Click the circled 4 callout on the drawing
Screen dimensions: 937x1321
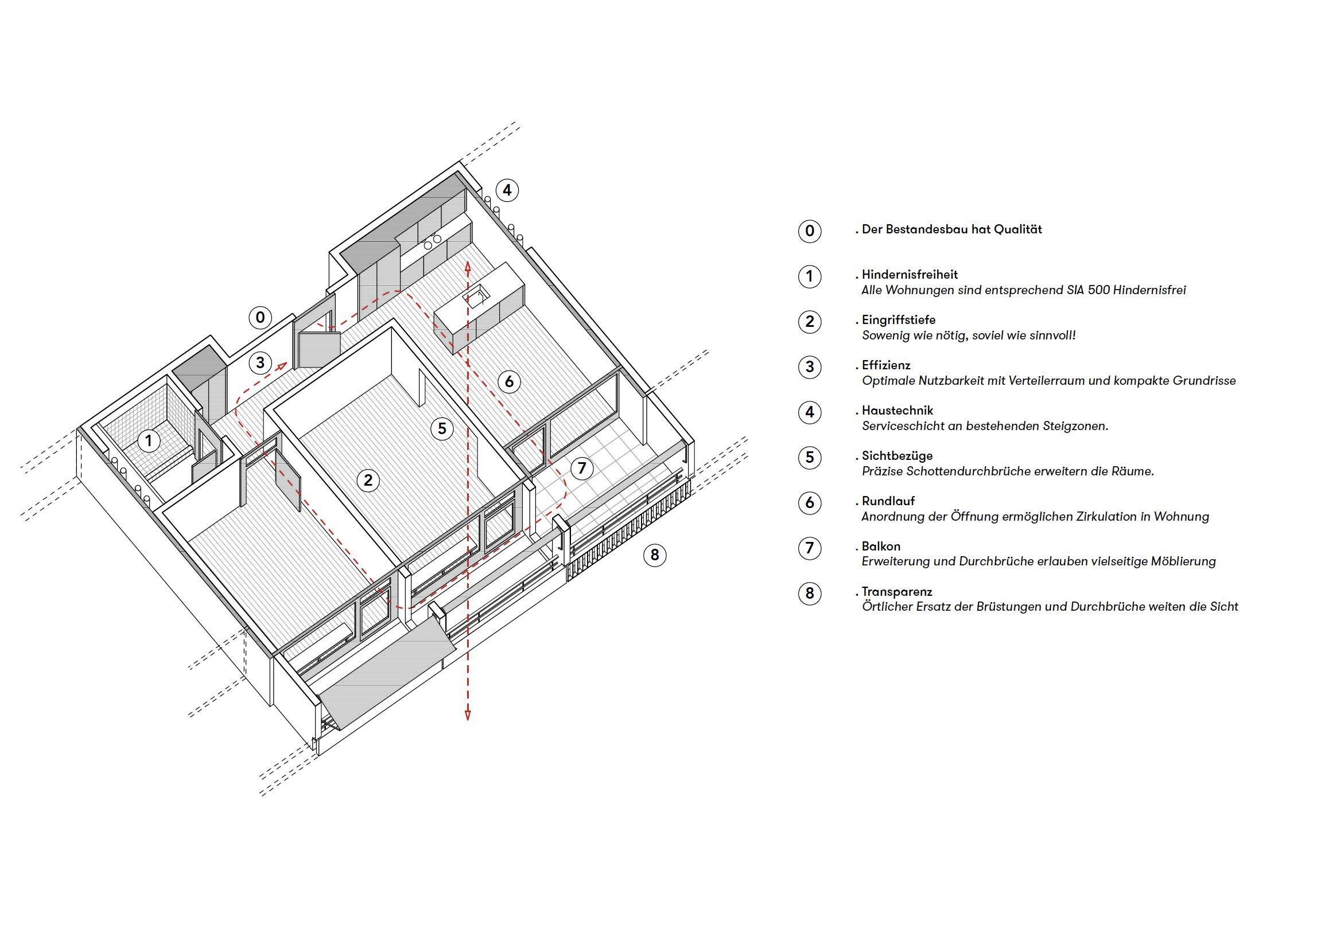click(507, 190)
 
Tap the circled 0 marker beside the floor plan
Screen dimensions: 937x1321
click(261, 317)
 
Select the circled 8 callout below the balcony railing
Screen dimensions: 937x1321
click(654, 555)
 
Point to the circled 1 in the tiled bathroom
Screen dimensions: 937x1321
click(149, 442)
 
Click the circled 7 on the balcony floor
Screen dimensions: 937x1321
click(581, 468)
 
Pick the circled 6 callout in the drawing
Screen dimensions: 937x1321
click(508, 381)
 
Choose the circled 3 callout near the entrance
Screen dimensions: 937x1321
click(261, 362)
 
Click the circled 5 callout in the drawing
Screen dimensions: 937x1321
click(442, 429)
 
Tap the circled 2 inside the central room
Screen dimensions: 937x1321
click(368, 480)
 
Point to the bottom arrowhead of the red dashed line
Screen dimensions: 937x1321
click(468, 716)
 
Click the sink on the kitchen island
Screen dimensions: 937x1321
click(475, 298)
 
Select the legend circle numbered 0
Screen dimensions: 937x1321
click(810, 231)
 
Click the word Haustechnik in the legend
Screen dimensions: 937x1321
click(897, 411)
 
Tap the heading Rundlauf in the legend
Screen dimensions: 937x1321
click(888, 501)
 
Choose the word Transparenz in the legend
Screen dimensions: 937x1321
click(897, 592)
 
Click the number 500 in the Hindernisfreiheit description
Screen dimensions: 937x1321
click(1097, 290)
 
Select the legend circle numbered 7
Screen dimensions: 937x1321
click(810, 548)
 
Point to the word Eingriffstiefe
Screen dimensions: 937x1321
click(899, 320)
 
